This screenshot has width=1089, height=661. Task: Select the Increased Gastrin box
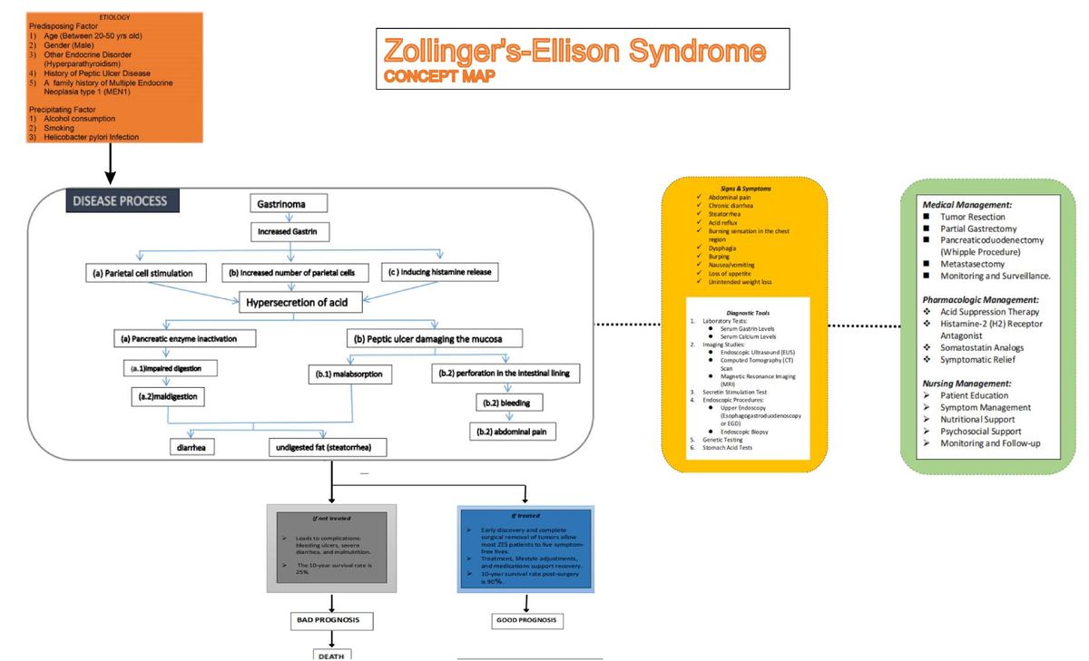288,232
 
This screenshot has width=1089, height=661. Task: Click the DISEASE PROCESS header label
121,200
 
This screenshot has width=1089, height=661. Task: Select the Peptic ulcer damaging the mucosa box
437,338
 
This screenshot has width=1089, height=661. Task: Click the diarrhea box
192,447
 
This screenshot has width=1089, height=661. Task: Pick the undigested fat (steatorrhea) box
328,447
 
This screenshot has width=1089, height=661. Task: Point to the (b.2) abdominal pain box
513,432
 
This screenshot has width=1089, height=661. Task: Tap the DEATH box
330,655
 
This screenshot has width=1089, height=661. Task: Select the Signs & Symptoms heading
746,188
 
